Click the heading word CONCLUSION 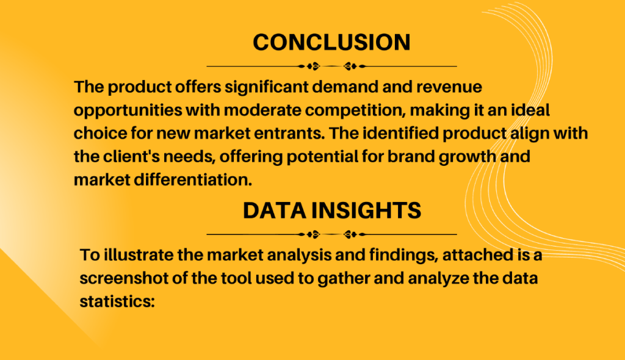331,42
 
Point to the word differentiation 193,180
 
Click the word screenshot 124,278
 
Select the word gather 343,279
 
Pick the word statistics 117,301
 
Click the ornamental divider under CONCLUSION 331,66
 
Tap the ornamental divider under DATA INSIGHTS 331,234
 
